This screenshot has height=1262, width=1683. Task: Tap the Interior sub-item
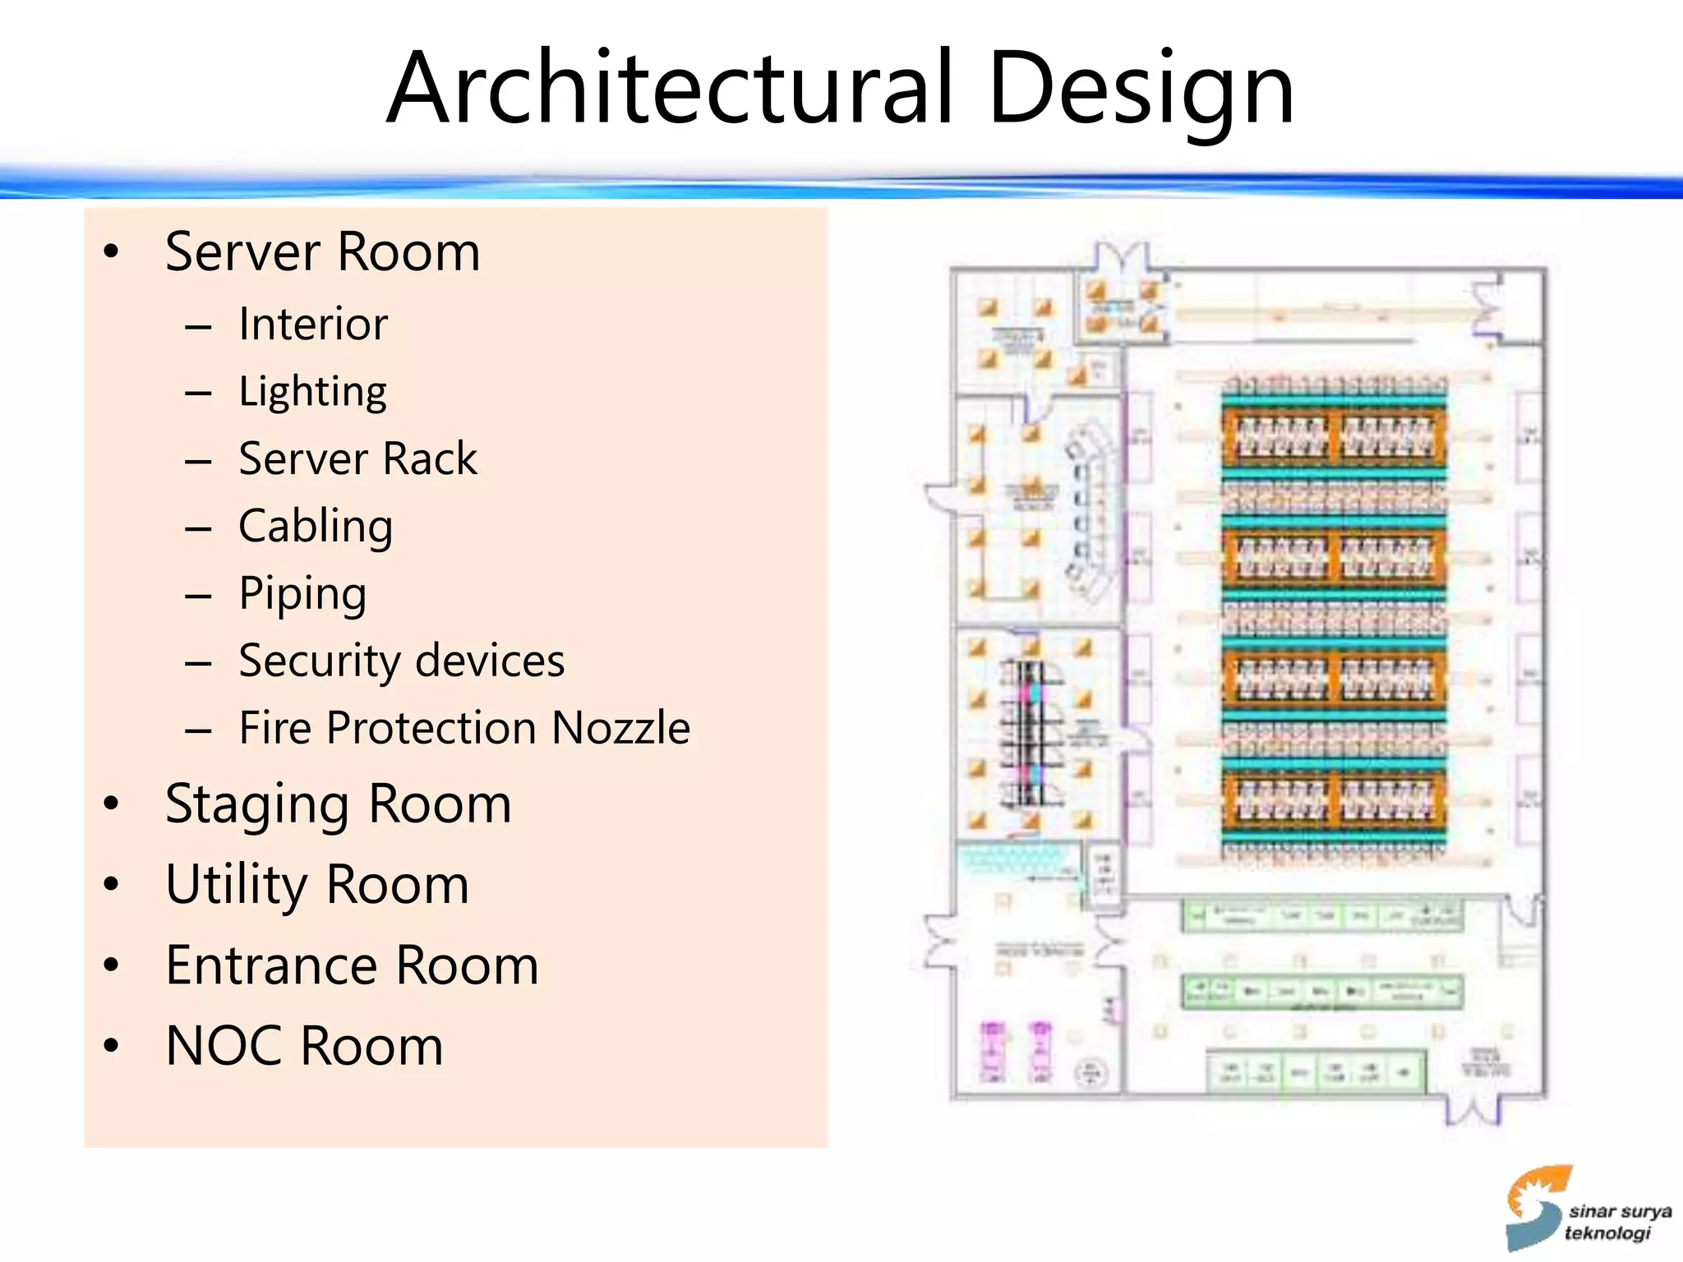pyautogui.click(x=313, y=324)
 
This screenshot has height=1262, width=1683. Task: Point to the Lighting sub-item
pyautogui.click(x=312, y=392)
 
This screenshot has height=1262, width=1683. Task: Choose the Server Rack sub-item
pyautogui.click(x=357, y=458)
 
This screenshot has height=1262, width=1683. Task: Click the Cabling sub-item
pyautogui.click(x=316, y=527)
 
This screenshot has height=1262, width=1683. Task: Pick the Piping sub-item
pyautogui.click(x=302, y=594)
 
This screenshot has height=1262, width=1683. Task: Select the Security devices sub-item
pyautogui.click(x=402, y=661)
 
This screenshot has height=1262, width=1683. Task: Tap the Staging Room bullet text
pyautogui.click(x=338, y=804)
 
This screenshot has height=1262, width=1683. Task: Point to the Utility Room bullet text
pyautogui.click(x=317, y=885)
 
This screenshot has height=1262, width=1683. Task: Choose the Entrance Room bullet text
pyautogui.click(x=352, y=965)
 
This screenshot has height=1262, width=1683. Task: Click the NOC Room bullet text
pyautogui.click(x=304, y=1046)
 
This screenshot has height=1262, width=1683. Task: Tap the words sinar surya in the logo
pyautogui.click(x=1620, y=1211)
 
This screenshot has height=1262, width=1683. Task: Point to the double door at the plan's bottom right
pyautogui.click(x=1473, y=1111)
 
